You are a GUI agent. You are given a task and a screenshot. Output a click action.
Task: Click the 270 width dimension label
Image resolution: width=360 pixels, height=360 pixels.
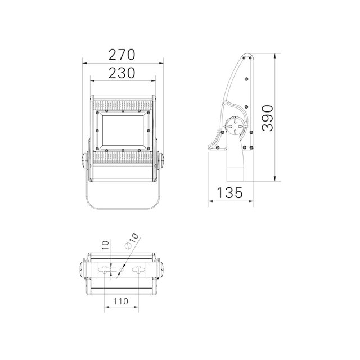click(121, 55)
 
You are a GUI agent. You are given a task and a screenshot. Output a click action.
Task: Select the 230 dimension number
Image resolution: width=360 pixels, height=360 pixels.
click(121, 73)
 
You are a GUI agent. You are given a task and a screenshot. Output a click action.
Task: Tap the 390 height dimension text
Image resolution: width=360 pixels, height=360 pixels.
click(268, 118)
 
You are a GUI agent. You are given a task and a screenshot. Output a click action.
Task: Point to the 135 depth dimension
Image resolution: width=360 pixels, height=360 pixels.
click(229, 192)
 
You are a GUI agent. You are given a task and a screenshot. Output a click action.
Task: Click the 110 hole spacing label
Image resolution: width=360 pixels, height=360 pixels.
click(121, 301)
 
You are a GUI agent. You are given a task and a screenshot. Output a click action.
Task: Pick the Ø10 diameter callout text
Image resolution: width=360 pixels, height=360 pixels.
click(132, 241)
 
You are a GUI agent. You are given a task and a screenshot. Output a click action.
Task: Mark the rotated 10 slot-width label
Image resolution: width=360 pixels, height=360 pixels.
click(105, 246)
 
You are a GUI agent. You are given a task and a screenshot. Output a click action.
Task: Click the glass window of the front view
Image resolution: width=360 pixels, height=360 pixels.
click(123, 130)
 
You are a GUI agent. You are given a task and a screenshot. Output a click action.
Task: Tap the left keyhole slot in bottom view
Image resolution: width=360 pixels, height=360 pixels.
click(105, 269)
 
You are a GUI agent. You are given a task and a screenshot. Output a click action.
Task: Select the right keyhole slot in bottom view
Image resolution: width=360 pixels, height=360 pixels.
click(139, 269)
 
